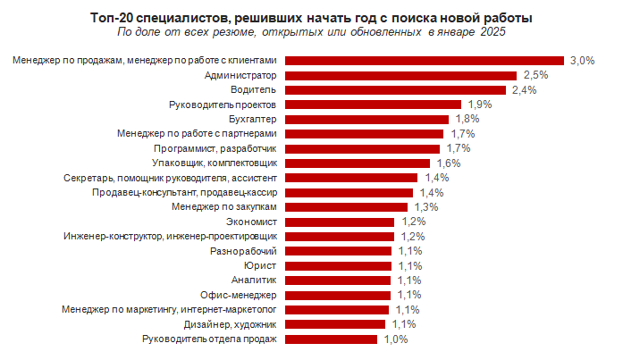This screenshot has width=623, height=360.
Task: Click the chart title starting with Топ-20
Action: (x=311, y=19)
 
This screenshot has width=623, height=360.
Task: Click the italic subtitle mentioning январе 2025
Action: (x=311, y=34)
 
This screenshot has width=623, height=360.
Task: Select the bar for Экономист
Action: (x=340, y=222)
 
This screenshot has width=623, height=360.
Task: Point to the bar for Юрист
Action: (x=338, y=265)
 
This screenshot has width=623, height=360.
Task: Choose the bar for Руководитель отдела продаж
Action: (x=333, y=339)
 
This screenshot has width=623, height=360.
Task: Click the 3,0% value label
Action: (x=582, y=61)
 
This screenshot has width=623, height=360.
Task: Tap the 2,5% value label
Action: (x=535, y=76)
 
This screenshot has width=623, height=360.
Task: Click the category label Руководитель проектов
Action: (x=223, y=105)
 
